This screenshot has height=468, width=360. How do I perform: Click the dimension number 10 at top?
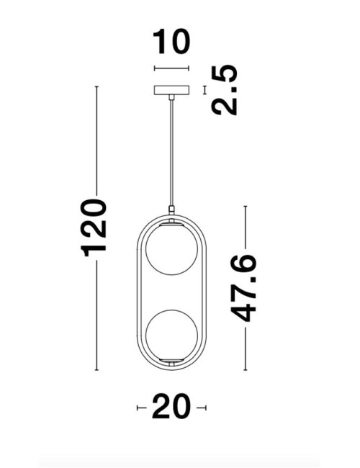(171, 42)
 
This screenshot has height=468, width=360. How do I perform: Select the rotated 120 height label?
(94, 225)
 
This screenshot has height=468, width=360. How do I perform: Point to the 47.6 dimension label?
(246, 287)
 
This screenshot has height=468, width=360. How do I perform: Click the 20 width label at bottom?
(171, 408)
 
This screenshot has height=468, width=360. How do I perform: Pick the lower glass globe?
(171, 333)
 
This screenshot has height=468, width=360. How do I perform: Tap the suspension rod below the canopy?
(171, 151)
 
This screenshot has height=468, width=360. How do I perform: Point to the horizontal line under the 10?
(171, 69)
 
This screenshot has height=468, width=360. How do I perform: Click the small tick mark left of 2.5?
(205, 90)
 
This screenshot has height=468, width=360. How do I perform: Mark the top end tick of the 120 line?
(96, 87)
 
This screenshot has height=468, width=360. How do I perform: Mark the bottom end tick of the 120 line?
(96, 371)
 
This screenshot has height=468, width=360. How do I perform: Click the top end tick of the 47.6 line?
(246, 207)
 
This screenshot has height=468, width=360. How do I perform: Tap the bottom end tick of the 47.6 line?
(246, 371)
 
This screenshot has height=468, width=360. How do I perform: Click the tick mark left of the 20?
(138, 408)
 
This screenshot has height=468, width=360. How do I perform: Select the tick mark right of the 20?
(204, 408)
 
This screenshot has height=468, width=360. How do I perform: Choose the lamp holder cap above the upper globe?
(171, 222)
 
